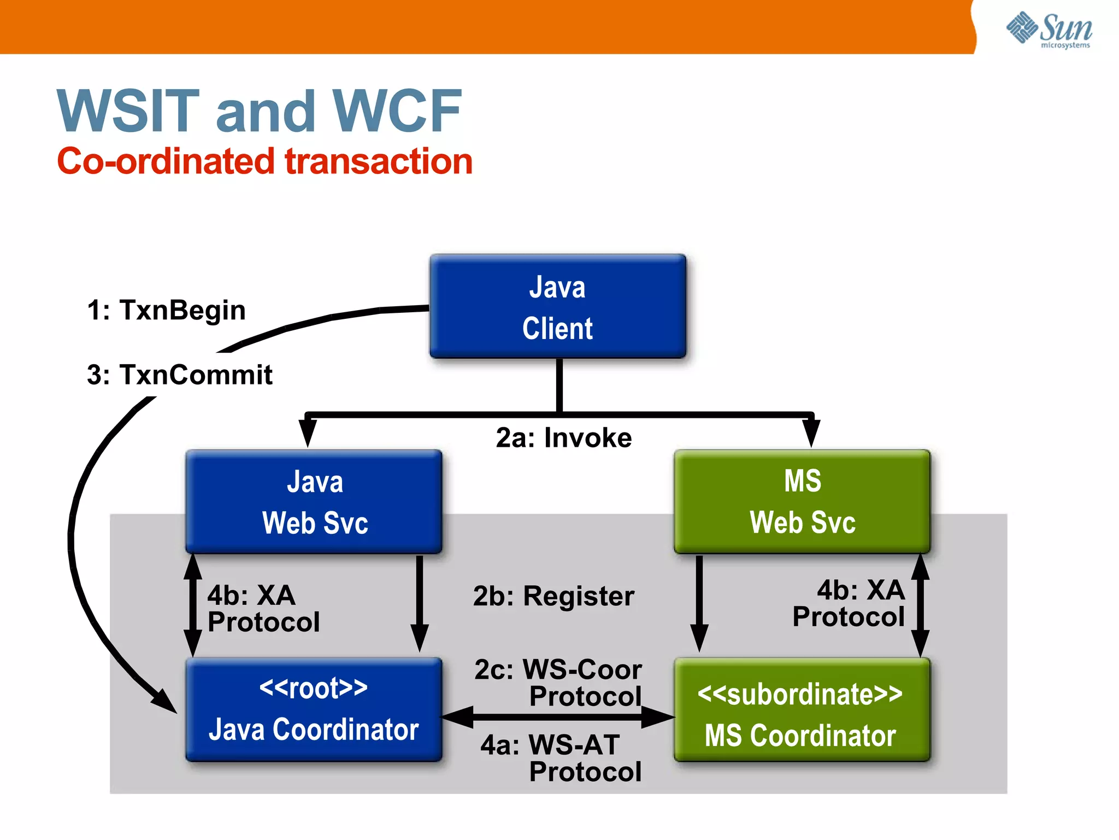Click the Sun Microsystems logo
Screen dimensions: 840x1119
(1049, 30)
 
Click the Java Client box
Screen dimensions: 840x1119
(557, 306)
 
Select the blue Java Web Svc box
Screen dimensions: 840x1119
(314, 501)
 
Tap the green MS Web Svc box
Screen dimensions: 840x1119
(802, 501)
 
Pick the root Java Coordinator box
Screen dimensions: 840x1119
(314, 709)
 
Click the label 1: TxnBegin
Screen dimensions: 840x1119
(167, 310)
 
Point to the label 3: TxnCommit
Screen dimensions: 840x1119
(179, 375)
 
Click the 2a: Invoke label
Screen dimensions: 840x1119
(563, 437)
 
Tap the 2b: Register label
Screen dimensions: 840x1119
(553, 596)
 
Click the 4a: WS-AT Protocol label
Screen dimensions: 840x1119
(560, 758)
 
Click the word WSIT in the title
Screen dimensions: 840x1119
(128, 112)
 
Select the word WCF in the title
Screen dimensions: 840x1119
(397, 112)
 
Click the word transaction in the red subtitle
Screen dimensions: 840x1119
(378, 162)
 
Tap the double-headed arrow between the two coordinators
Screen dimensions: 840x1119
(557, 717)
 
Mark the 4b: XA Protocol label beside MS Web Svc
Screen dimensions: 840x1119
(850, 604)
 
